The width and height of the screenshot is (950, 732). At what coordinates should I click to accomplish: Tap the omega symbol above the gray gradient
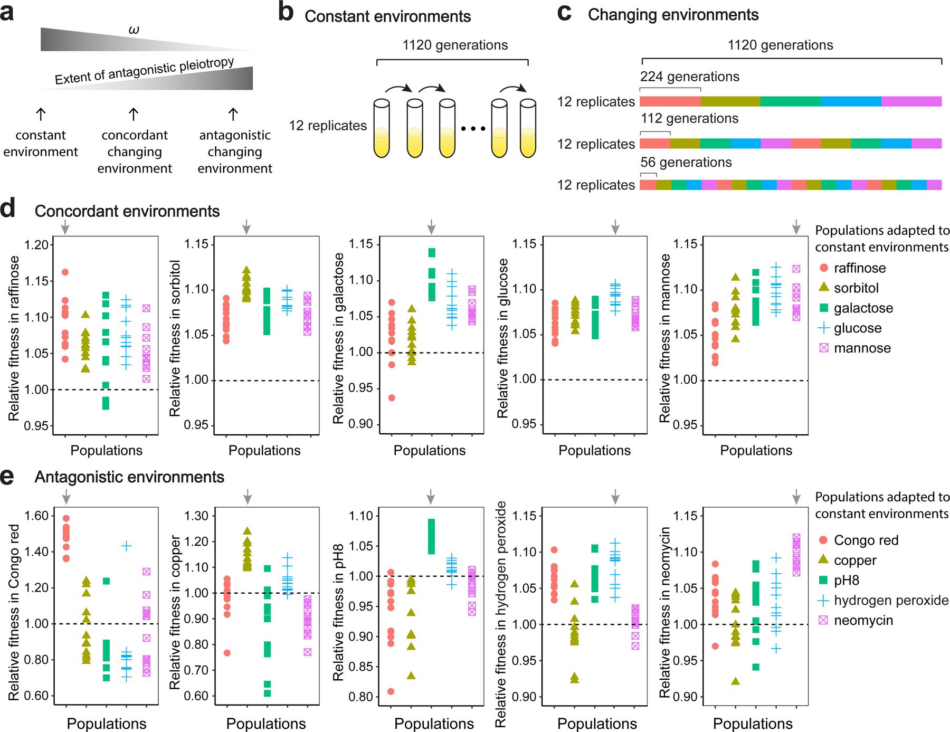click(x=134, y=31)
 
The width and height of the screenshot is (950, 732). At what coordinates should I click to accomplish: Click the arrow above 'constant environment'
click(x=41, y=114)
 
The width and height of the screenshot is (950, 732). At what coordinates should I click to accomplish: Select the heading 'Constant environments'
click(x=387, y=16)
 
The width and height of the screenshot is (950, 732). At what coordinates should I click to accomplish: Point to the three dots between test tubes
click(x=472, y=129)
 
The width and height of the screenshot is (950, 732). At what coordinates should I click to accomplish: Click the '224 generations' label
click(x=690, y=77)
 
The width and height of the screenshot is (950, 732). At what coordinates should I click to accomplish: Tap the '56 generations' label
click(x=686, y=162)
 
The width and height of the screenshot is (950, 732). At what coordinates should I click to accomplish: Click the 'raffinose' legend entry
click(x=860, y=268)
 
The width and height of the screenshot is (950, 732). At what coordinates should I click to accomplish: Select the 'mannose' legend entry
click(x=862, y=348)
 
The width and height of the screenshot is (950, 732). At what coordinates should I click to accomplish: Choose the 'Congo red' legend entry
click(x=866, y=540)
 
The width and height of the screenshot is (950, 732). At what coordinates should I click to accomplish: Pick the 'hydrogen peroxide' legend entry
click(x=891, y=601)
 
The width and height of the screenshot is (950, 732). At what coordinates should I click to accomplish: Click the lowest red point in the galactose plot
click(x=391, y=398)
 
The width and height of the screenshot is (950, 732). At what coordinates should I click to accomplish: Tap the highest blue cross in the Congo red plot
click(x=127, y=546)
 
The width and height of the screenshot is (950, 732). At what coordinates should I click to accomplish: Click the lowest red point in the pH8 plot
click(x=391, y=691)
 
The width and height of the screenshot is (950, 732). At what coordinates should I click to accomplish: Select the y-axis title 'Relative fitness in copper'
click(x=175, y=612)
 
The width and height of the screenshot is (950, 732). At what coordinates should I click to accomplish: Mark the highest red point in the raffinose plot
click(x=65, y=272)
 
